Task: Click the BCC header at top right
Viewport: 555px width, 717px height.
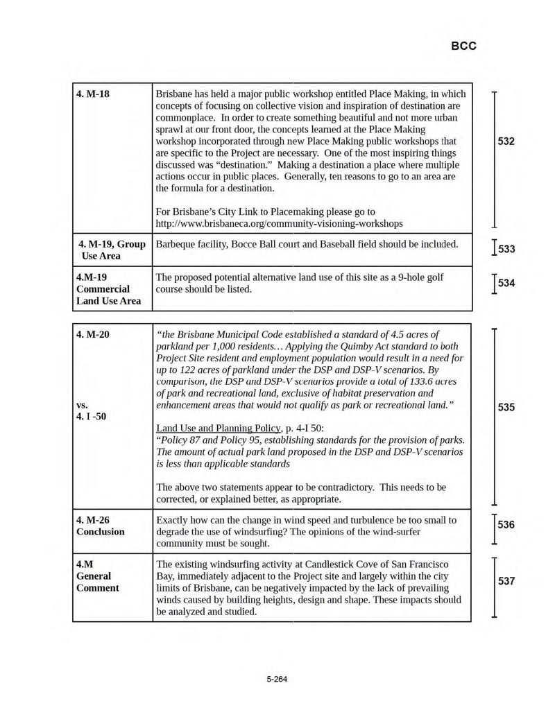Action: tap(463, 46)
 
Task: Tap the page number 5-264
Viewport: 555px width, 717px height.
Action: tap(277, 679)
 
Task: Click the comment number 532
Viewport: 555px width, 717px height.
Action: tap(506, 141)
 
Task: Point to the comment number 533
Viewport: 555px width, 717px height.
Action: tap(507, 249)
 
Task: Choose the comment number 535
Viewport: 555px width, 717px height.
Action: tap(506, 408)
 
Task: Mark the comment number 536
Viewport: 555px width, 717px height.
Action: tap(506, 525)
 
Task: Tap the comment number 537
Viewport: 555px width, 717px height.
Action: tap(506, 581)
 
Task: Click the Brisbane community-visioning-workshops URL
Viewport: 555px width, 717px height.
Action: tap(279, 223)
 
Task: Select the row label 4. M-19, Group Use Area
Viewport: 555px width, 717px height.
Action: tap(111, 250)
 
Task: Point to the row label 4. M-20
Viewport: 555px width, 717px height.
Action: tap(93, 334)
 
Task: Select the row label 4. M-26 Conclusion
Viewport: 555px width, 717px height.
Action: tap(101, 526)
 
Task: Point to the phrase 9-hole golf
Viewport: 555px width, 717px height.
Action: tap(433, 277)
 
